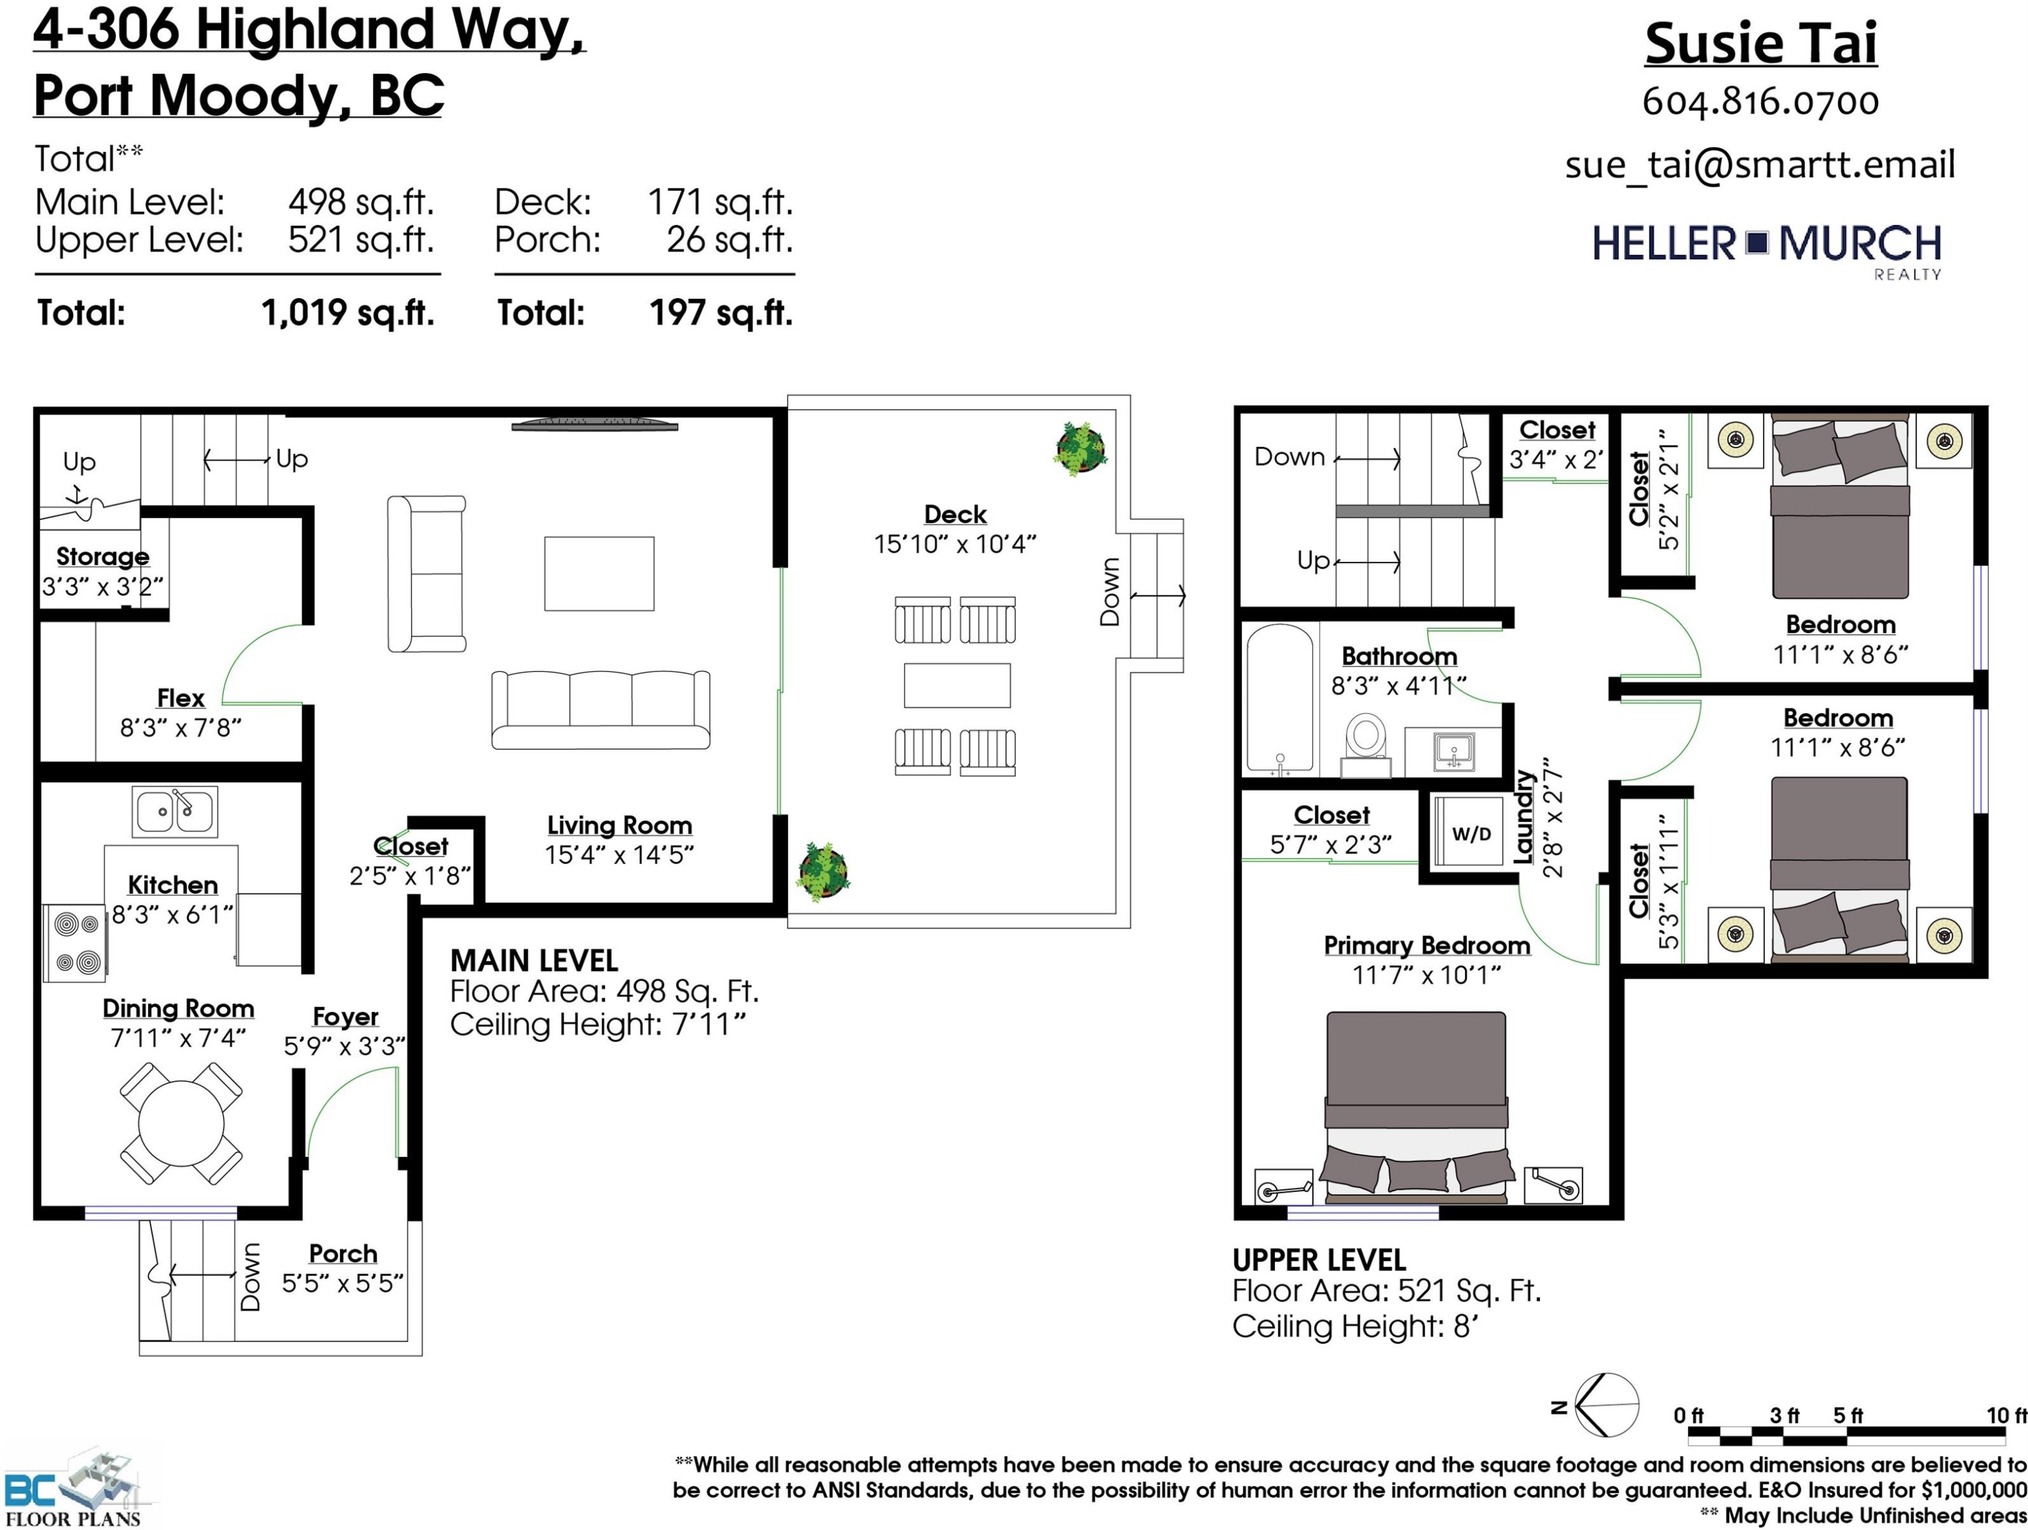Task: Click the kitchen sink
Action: pos(174,811)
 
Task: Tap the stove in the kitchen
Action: pos(75,943)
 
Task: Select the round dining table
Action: pos(180,1123)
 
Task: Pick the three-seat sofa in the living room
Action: pos(600,709)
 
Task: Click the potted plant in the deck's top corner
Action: pos(1081,448)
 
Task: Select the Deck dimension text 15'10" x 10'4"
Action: pos(955,544)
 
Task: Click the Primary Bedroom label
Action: pos(1426,945)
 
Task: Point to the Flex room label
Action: pos(180,698)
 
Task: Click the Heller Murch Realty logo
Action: pos(1766,250)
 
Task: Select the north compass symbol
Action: pos(1605,1404)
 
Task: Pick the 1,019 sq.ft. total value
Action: pos(347,312)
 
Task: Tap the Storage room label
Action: pos(102,556)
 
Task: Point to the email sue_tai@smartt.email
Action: pos(1760,164)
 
